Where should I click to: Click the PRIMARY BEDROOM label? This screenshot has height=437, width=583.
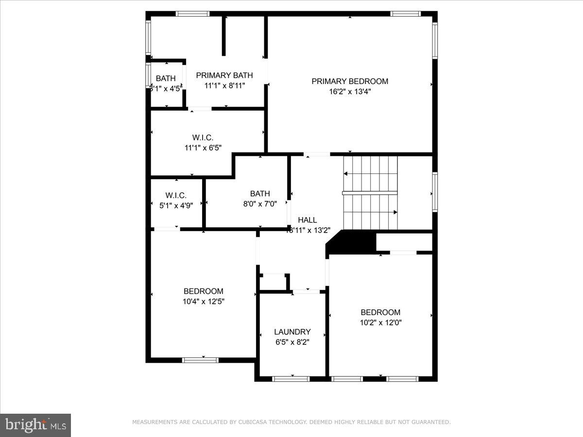(x=350, y=81)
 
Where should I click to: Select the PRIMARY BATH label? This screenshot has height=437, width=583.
(x=224, y=75)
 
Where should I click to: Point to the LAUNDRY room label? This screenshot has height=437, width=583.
(x=292, y=332)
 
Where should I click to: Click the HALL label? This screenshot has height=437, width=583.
(x=308, y=220)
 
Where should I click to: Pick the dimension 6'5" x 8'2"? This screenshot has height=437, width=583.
(x=292, y=342)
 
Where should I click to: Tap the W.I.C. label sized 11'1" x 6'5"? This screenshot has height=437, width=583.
(x=203, y=138)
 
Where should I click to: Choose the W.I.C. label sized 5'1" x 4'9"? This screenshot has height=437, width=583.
(x=176, y=195)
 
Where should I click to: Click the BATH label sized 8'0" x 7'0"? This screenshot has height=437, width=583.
(x=260, y=194)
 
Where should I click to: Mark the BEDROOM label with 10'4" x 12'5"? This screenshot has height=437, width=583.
(x=203, y=291)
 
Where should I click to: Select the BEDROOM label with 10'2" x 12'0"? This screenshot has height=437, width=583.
(x=380, y=312)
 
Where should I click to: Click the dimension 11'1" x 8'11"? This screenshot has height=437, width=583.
(x=224, y=85)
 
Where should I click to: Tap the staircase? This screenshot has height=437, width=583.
(x=370, y=193)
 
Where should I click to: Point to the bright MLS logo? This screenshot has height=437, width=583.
(x=35, y=425)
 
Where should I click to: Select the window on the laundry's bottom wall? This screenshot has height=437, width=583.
(x=291, y=379)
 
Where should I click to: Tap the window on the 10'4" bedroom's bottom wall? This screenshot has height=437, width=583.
(x=200, y=360)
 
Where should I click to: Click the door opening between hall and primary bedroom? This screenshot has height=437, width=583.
(x=317, y=154)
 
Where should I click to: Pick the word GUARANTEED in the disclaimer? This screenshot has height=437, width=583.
(x=429, y=422)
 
